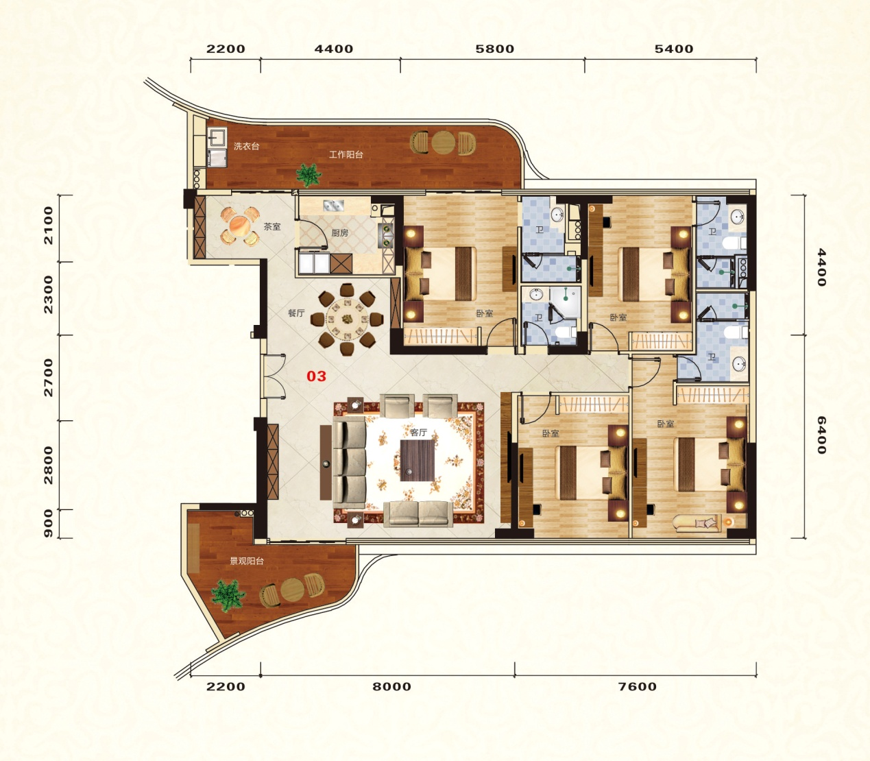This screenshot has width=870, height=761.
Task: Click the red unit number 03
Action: [x=316, y=376]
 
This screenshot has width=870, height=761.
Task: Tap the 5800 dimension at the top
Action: [x=494, y=49]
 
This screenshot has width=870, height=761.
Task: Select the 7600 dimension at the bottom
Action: [x=638, y=686]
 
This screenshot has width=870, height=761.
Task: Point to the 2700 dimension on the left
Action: [x=49, y=378]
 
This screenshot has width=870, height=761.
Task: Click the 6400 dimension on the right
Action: [x=821, y=435]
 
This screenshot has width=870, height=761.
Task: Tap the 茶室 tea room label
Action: [x=272, y=227]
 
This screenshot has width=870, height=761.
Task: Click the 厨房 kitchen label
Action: [x=340, y=232]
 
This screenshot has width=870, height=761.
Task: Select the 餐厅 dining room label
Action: [x=296, y=313]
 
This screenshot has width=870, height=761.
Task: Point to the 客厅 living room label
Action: [x=418, y=433]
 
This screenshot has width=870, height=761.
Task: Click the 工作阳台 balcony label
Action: [x=346, y=154]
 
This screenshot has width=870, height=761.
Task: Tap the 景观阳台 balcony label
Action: [x=247, y=561]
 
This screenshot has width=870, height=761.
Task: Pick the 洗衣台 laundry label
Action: [x=246, y=146]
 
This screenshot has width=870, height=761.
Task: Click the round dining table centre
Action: [x=347, y=318]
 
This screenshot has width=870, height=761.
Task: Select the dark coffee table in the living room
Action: [x=417, y=461]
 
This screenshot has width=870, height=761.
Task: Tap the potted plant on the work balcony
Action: [x=309, y=175]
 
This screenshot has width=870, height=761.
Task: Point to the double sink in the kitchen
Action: [x=333, y=206]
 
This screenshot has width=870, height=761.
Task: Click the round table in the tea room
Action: [x=239, y=226]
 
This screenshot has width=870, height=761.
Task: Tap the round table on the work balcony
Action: [x=443, y=143]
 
